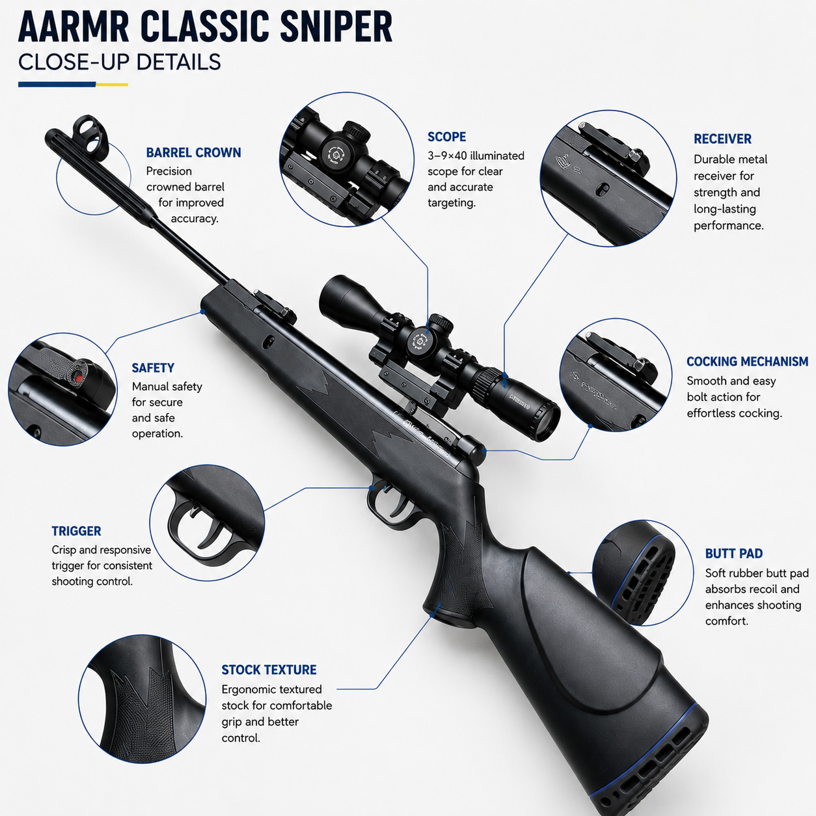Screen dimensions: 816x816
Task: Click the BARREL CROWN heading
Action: point(193,152)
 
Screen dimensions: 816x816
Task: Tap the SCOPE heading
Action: point(447,137)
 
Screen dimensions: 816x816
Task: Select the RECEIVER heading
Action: point(722,139)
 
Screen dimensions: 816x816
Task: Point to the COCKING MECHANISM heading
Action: point(748,362)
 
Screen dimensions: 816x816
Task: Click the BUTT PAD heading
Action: point(734,554)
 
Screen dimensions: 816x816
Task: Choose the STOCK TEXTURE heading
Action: point(269,670)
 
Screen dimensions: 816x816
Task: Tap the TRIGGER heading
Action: point(76,531)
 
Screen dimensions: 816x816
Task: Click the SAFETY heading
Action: point(153,368)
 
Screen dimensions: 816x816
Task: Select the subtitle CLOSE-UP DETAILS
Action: point(120,62)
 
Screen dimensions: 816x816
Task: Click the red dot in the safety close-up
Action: point(78,377)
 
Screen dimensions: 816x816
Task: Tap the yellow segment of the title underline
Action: point(112,85)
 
